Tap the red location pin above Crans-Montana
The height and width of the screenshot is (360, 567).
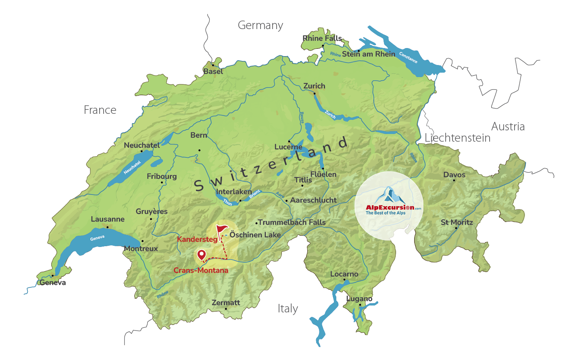click(x=201, y=255)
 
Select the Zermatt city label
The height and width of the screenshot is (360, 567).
click(x=226, y=303)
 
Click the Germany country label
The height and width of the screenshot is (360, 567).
click(x=260, y=25)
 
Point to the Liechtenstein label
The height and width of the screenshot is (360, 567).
click(x=457, y=138)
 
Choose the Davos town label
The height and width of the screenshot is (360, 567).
click(x=454, y=175)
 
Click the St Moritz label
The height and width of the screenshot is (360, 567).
click(x=457, y=222)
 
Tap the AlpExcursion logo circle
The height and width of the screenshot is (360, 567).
click(x=389, y=206)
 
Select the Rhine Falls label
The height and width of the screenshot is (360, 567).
click(x=322, y=38)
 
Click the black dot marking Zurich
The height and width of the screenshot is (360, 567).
click(x=315, y=93)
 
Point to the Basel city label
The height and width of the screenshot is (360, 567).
click(x=213, y=71)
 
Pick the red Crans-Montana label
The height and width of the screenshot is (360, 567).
click(x=201, y=270)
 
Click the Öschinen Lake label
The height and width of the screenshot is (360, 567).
click(x=255, y=235)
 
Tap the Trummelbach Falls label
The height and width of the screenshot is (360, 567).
click(x=292, y=222)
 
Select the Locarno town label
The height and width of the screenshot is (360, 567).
click(x=344, y=274)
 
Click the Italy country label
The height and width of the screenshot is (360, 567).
click(x=288, y=309)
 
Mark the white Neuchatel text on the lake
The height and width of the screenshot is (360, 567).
click(x=132, y=167)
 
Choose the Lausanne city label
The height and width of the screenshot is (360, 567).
click(x=107, y=219)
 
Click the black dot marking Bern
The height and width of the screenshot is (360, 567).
click(x=199, y=150)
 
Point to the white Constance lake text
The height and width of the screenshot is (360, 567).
click(x=408, y=58)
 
